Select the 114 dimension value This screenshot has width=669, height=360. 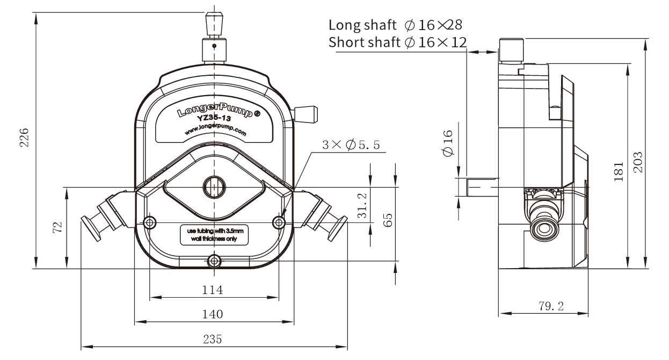click(x=213, y=290)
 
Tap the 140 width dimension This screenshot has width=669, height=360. click(x=213, y=314)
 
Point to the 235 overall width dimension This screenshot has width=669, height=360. click(x=213, y=340)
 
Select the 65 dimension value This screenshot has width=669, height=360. click(x=388, y=219)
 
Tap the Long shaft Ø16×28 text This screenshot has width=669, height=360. click(x=395, y=25)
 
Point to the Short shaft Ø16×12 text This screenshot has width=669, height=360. click(x=397, y=42)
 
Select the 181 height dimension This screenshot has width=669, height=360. click(x=619, y=170)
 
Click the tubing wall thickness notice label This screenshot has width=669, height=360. click(x=215, y=234)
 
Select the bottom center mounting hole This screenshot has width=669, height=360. click(x=215, y=262)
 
